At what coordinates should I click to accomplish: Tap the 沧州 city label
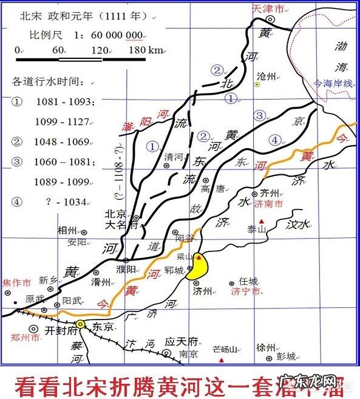[267, 76]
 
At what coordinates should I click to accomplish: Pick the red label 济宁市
[245, 292]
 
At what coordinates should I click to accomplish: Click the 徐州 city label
[266, 347]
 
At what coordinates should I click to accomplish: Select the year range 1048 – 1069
[61, 142]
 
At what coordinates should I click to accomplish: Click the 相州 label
[67, 230]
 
